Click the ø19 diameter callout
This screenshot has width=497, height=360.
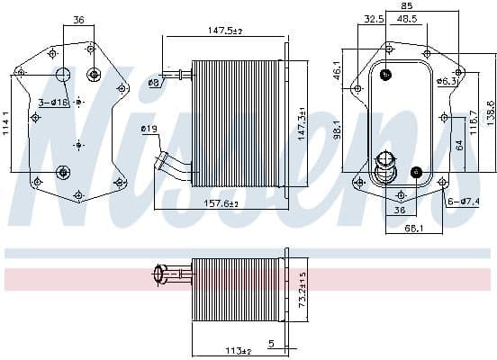tap(149, 130)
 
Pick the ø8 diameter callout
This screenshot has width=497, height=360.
tap(153, 82)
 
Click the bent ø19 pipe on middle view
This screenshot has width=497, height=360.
tap(173, 166)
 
